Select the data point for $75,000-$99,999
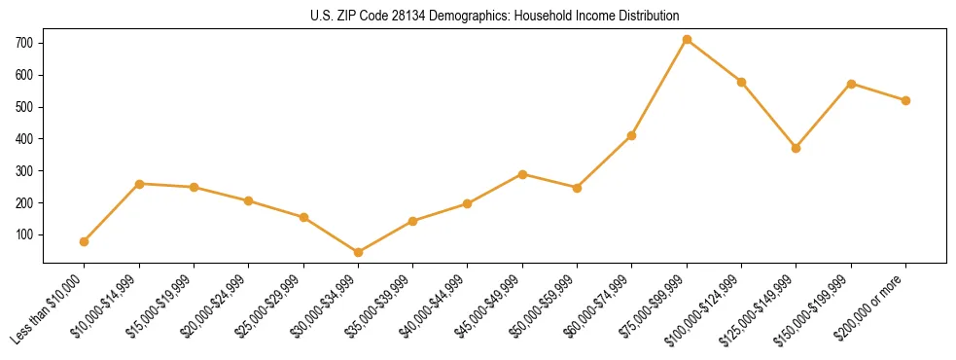[x=687, y=40]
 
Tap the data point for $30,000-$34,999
[x=358, y=253]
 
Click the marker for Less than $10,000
[x=84, y=241]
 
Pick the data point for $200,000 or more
[x=905, y=100]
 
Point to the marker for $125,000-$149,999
[x=796, y=148]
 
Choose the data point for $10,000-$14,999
[x=139, y=184]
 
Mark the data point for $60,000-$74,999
[x=631, y=135]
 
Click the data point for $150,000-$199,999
[x=851, y=84]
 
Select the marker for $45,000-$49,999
[x=522, y=174]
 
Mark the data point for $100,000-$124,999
[x=741, y=82]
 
